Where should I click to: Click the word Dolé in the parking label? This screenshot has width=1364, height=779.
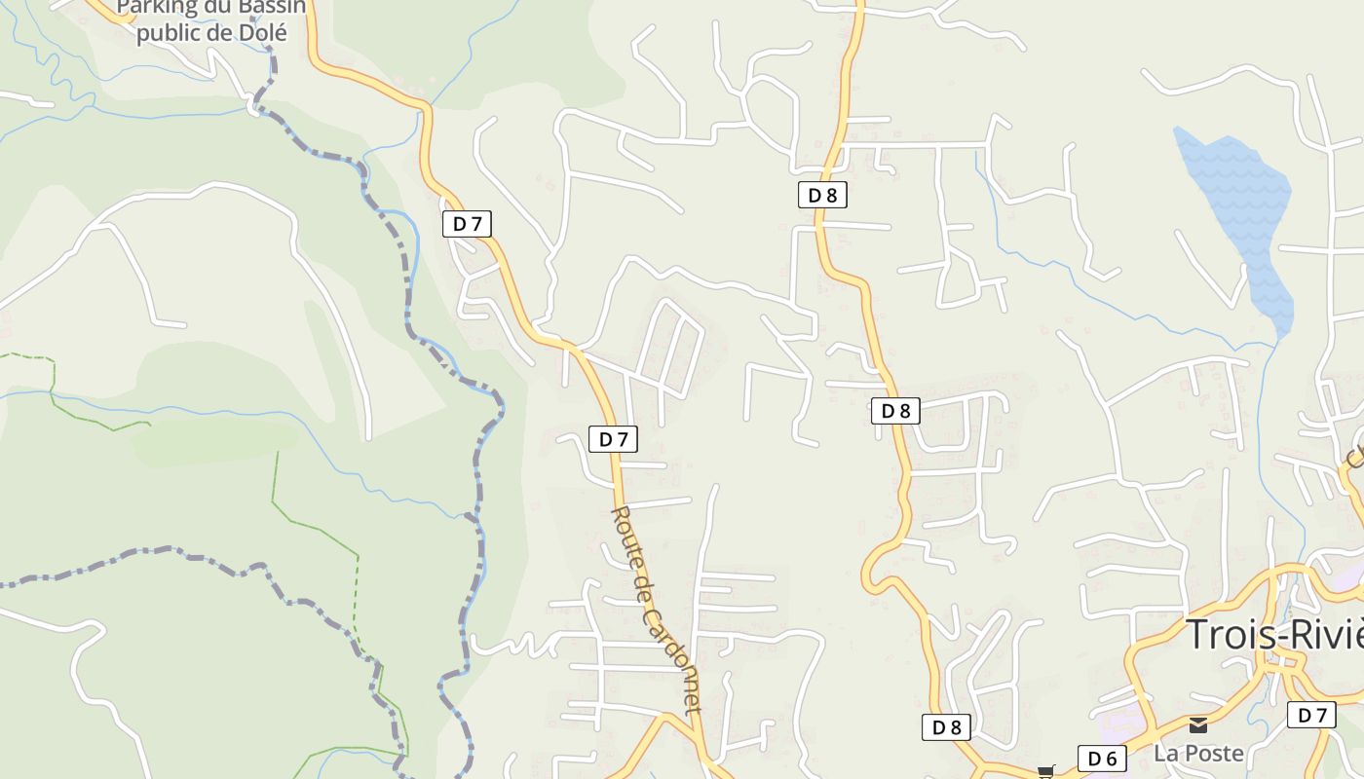tap(262, 32)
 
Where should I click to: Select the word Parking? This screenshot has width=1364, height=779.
tap(153, 8)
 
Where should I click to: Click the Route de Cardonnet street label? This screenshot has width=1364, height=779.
tap(656, 610)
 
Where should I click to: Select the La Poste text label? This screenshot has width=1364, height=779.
tap(1198, 753)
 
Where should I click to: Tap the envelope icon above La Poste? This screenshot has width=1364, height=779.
tap(1198, 725)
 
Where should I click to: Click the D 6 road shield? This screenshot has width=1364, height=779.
tap(1102, 759)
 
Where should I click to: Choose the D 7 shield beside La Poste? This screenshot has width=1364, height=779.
tap(1311, 716)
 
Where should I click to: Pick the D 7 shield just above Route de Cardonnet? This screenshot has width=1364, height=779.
tap(613, 439)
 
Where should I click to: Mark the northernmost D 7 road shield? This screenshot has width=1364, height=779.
tap(467, 224)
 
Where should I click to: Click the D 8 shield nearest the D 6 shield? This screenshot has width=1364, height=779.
tap(946, 727)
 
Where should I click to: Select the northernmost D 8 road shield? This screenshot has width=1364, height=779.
tap(822, 195)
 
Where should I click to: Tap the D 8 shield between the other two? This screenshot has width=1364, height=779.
tap(895, 411)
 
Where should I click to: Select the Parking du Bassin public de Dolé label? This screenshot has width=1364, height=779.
tap(211, 20)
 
